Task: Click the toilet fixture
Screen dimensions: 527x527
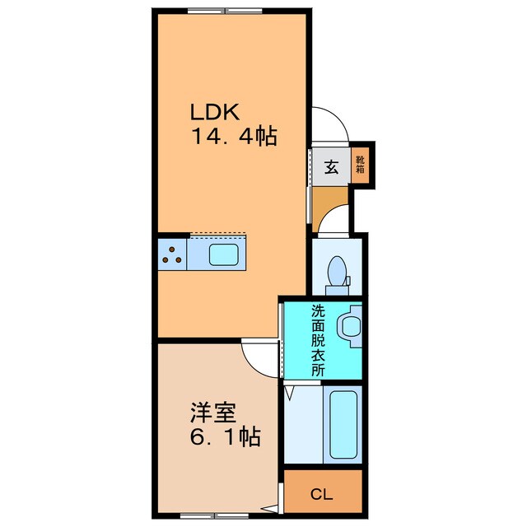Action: pyautogui.click(x=337, y=273)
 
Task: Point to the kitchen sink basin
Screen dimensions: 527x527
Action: pyautogui.click(x=226, y=254)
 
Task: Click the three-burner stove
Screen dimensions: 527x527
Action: pyautogui.click(x=172, y=254)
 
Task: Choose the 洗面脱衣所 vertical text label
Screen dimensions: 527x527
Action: pyautogui.click(x=318, y=341)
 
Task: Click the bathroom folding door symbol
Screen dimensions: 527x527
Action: pyautogui.click(x=289, y=394)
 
